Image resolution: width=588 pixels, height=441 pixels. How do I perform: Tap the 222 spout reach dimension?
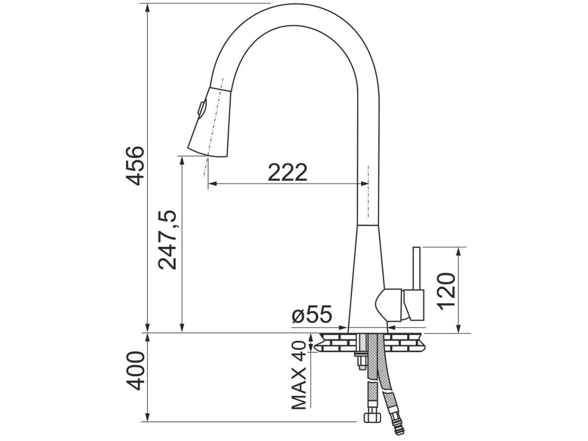(288, 172)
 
